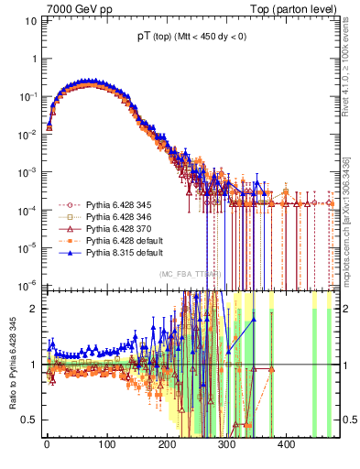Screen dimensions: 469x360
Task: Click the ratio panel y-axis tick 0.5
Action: [x=30, y=420]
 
